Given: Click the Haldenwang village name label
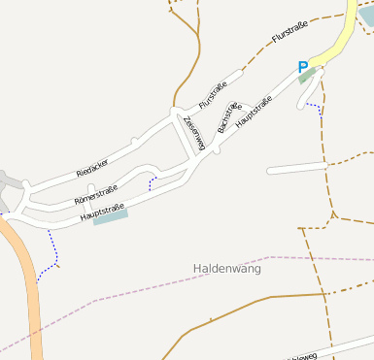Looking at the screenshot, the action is pos(228,267).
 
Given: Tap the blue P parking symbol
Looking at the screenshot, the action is pos(303,67).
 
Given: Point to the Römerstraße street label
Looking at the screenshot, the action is pos(95,195).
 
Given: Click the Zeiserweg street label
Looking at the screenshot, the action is pos(194,132).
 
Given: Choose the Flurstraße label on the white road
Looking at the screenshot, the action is pos(220,89).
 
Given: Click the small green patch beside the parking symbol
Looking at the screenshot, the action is pos(308,77).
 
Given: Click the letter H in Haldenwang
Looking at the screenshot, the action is pos(198,267).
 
